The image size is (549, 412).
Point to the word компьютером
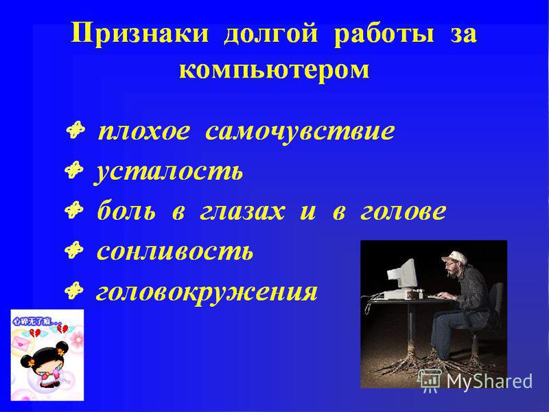click(x=274, y=70)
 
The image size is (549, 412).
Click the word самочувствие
click(x=300, y=132)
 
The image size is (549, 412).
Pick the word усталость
click(x=168, y=172)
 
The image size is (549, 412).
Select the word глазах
click(x=242, y=211)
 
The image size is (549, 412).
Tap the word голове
click(x=403, y=211)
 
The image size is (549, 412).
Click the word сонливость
click(x=174, y=251)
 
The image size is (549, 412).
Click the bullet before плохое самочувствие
click(x=75, y=130)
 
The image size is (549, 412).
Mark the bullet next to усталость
click(x=74, y=170)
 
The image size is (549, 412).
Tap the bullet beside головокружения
click(x=74, y=290)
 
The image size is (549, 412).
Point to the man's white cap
click(x=454, y=258)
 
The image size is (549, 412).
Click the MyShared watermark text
click(x=489, y=380)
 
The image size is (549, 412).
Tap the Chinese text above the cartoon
click(x=36, y=321)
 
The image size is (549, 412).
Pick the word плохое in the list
click(x=144, y=131)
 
